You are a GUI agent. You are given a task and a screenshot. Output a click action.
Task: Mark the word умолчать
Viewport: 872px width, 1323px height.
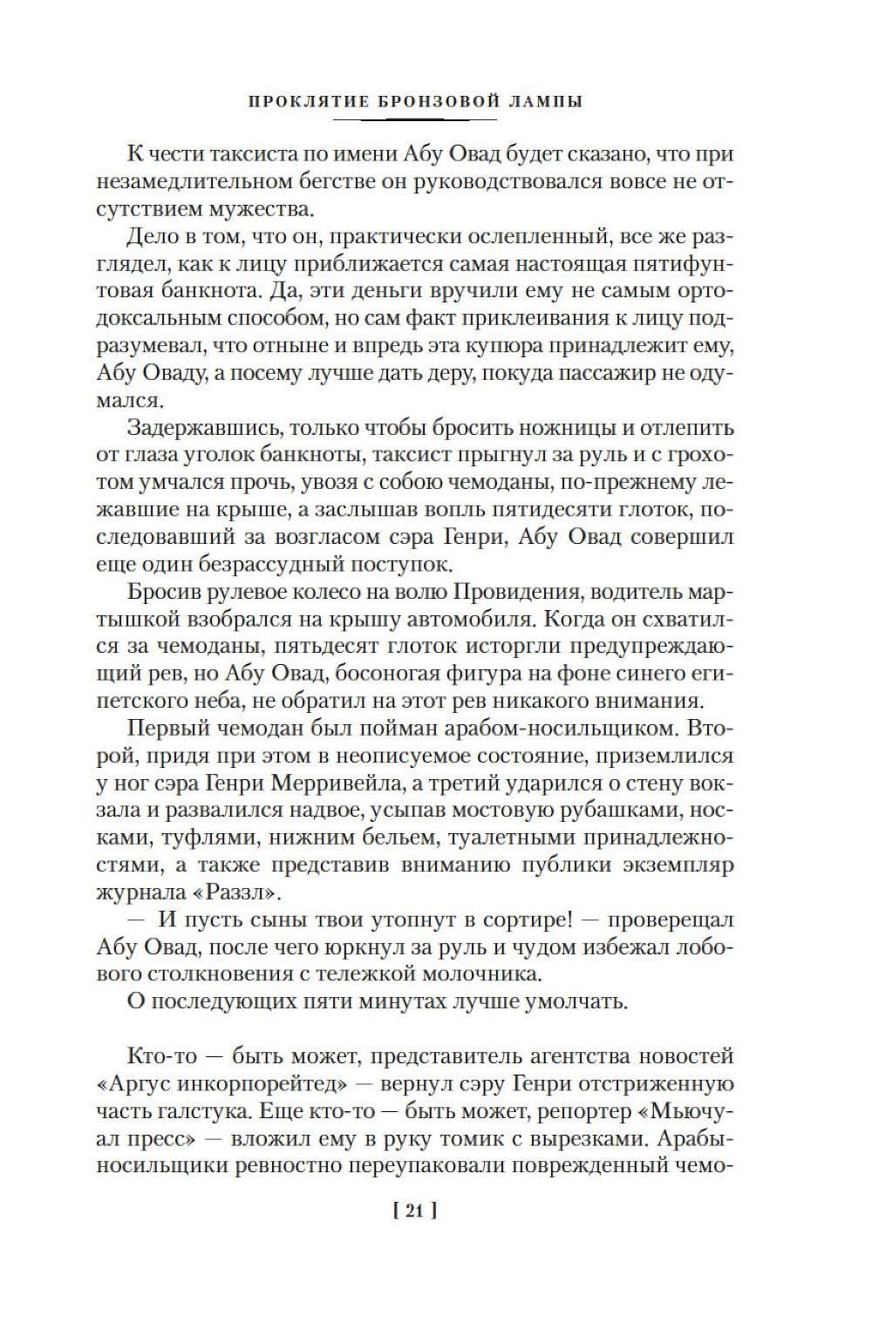click(572, 1001)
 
